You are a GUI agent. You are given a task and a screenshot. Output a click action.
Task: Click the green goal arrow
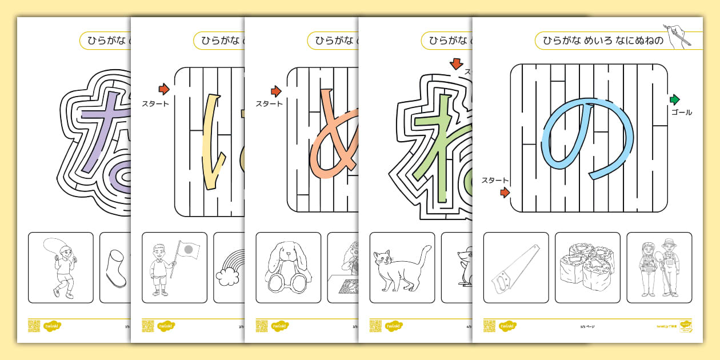675,99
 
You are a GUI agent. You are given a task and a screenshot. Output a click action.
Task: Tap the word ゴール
681,113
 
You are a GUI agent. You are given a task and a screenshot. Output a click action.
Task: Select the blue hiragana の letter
589,140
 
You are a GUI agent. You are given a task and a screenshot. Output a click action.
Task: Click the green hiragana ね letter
440,149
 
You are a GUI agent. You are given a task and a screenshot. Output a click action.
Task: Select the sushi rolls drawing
587,267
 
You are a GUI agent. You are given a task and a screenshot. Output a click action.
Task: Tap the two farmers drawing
659,267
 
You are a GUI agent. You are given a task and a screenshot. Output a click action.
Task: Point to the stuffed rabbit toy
288,267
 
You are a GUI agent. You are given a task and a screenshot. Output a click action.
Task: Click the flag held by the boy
188,250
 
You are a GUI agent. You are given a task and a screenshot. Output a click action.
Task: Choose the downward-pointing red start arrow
455,63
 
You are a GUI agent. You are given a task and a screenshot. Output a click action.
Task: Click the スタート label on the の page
495,181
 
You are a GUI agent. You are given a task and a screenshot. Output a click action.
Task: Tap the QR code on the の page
489,326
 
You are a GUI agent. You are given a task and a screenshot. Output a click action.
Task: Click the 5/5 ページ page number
587,327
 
